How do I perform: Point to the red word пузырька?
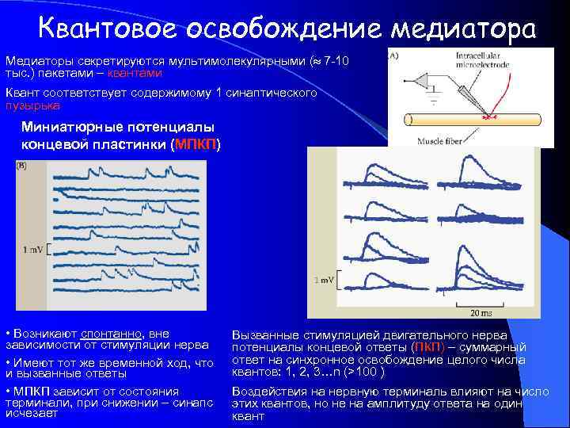[x=32, y=105]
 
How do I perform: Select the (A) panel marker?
[x=393, y=56]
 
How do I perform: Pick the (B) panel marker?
[x=22, y=166]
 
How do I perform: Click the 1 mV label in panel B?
[x=33, y=250]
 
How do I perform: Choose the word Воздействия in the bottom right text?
[x=266, y=392]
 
